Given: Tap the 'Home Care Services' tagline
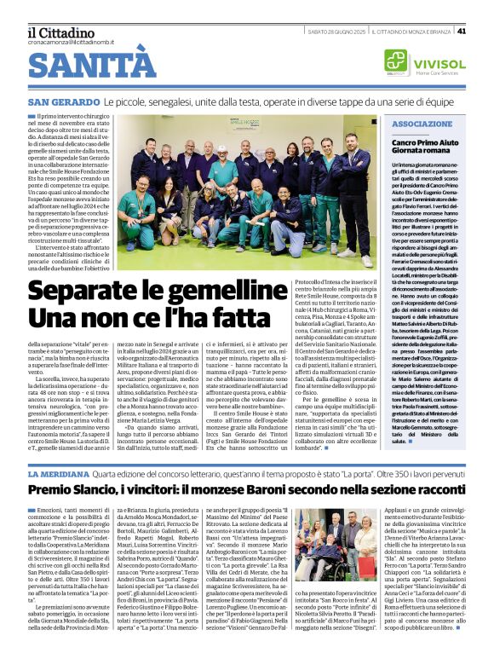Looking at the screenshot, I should pyautogui.click(x=437, y=72).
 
